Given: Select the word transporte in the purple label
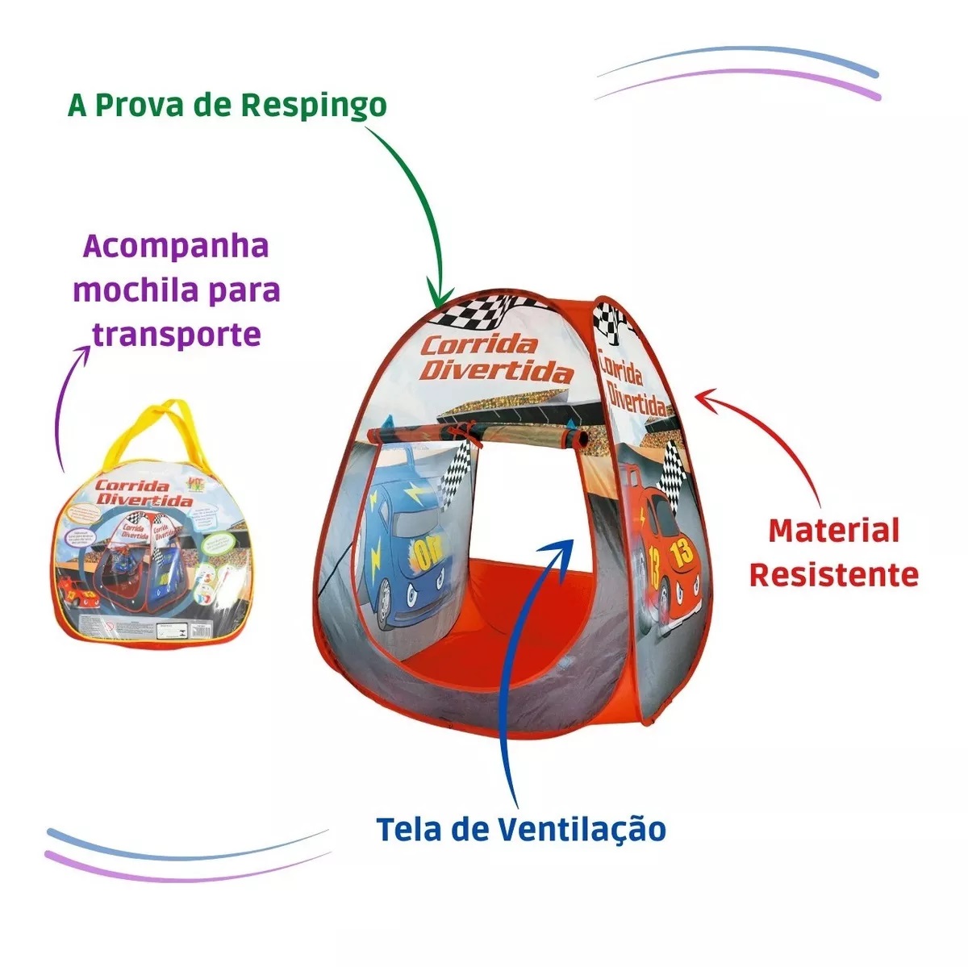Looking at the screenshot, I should pyautogui.click(x=177, y=333).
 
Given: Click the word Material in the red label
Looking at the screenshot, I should pyautogui.click(x=822, y=531).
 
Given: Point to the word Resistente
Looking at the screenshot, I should pyautogui.click(x=833, y=574).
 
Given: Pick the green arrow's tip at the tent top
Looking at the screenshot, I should pyautogui.click(x=440, y=302).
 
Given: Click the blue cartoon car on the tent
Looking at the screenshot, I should pyautogui.click(x=403, y=548).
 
